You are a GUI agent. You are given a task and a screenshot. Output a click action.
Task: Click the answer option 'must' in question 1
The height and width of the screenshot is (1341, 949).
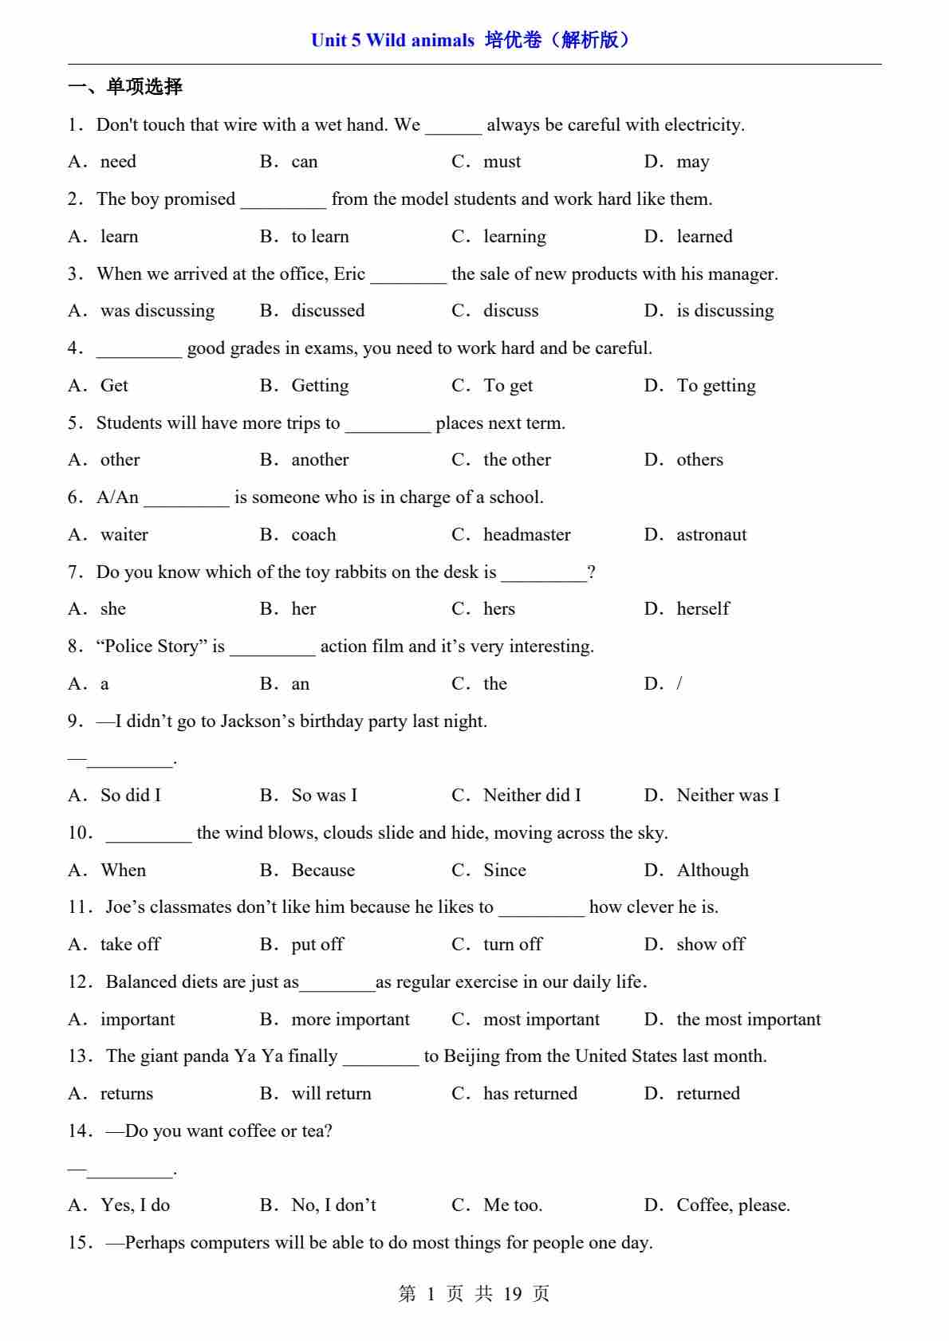(x=502, y=162)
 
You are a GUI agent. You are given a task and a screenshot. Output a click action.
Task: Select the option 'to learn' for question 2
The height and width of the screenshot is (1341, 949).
(x=320, y=237)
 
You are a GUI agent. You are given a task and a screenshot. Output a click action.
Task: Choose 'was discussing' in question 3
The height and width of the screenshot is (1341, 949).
(x=157, y=311)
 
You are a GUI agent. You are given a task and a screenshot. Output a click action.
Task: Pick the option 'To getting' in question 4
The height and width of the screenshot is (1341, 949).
(x=715, y=386)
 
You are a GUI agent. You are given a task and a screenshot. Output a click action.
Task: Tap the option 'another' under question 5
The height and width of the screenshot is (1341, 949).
(x=320, y=460)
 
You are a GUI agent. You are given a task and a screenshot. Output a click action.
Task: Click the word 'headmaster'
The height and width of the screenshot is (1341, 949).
(x=526, y=535)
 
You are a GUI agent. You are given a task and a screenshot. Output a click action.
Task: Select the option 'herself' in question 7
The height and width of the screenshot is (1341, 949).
(x=703, y=609)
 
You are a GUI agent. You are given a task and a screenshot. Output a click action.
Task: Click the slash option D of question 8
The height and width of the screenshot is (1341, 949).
(x=679, y=684)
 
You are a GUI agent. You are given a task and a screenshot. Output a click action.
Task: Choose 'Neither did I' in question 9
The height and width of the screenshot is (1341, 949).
(x=532, y=796)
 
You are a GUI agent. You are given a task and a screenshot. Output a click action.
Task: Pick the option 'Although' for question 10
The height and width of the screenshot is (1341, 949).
(x=712, y=871)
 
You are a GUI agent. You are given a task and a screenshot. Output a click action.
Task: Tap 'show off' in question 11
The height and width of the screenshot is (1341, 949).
(x=711, y=945)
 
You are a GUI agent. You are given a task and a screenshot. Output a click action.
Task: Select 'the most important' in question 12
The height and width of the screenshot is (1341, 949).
(x=748, y=1020)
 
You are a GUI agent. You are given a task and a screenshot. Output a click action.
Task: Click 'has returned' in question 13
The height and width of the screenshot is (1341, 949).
(x=530, y=1094)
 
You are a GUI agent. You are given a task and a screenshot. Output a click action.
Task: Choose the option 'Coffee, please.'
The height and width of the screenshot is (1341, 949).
(x=733, y=1205)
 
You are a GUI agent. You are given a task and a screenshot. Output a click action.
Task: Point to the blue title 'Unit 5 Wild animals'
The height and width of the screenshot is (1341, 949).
(x=392, y=40)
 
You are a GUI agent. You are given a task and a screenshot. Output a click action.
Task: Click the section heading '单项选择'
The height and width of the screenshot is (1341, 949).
(x=144, y=86)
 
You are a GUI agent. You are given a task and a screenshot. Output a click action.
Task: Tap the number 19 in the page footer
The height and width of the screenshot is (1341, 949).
(x=512, y=1293)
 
